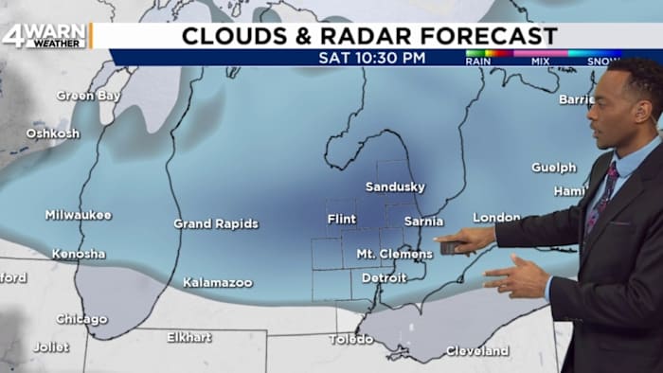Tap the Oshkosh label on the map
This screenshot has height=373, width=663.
52,133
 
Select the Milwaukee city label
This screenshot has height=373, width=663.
78,215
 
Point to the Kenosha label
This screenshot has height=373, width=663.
79,254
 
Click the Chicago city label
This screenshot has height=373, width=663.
81,319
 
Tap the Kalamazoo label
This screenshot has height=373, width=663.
218,282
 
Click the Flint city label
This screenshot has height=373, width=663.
341,219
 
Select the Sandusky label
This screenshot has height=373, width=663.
395,186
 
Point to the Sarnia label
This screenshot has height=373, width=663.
423,221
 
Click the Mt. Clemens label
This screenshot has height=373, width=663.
394,254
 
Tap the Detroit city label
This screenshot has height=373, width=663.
384,278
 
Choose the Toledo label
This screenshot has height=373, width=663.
351,339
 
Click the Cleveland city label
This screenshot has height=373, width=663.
477,350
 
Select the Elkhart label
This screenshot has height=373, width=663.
189,337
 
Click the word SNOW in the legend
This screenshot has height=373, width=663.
603,62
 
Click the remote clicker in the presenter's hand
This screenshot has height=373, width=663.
451,247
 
